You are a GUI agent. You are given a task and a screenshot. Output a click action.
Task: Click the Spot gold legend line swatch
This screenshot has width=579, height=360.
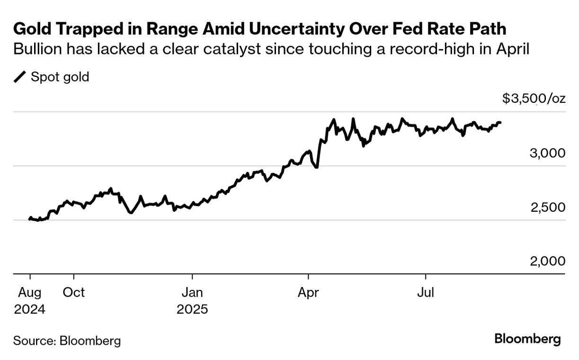[x=20, y=77]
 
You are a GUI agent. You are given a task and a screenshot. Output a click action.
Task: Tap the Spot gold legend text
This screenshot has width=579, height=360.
[x=60, y=77]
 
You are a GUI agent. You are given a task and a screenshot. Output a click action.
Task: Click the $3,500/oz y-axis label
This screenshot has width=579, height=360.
[x=534, y=99]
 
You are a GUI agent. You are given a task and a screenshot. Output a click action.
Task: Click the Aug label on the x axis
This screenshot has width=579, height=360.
[x=30, y=292]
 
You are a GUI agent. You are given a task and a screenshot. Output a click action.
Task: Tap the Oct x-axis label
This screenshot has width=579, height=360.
[x=74, y=292]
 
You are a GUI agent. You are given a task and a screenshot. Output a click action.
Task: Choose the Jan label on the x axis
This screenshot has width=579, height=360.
[x=192, y=292]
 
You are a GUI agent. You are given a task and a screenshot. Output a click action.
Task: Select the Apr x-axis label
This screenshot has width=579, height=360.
[x=309, y=292]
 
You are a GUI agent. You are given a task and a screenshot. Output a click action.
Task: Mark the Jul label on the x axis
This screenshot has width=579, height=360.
[x=426, y=292]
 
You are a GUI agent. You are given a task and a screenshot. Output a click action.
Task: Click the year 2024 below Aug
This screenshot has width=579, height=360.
[x=30, y=309]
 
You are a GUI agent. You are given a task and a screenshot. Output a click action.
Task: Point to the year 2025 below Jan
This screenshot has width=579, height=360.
[x=192, y=309]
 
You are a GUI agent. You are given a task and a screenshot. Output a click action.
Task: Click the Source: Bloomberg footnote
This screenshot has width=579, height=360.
[x=67, y=340]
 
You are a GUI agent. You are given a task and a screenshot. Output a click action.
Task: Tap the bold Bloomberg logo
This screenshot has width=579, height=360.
[x=527, y=339]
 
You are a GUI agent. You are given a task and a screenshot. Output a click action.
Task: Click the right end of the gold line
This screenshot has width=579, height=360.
[x=500, y=123]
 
